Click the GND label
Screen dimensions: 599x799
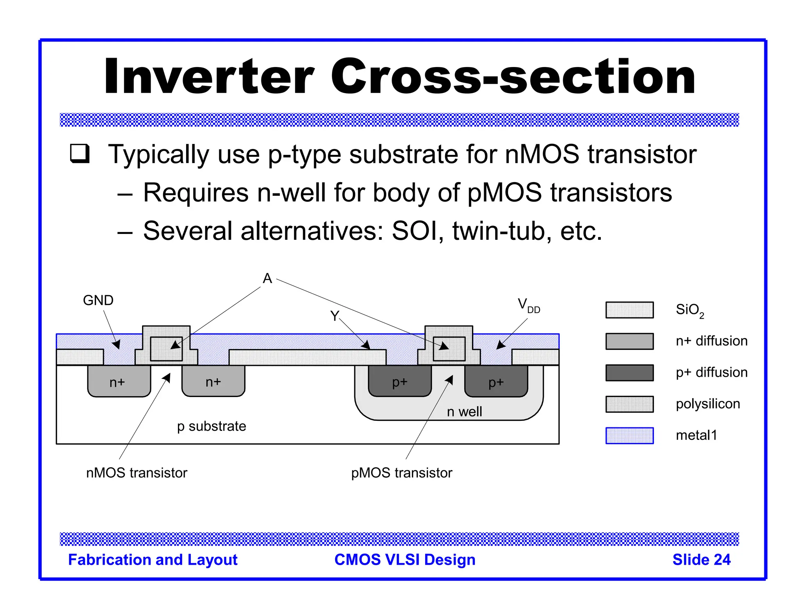98,300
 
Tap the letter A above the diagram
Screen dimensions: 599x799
267,278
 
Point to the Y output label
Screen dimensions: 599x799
334,315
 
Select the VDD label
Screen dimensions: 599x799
528,305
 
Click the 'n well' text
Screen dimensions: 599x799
464,411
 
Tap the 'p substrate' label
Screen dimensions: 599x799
211,426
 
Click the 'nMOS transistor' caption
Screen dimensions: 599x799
137,473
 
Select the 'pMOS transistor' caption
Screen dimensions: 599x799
401,473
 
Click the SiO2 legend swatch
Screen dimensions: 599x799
629,310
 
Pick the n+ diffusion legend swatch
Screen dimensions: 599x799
629,341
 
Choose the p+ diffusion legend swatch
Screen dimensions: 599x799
629,373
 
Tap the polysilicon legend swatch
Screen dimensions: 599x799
629,404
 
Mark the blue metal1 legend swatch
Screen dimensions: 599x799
629,436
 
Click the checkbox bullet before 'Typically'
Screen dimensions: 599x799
80,153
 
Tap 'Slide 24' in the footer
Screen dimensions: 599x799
701,560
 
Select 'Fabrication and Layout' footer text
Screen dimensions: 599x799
153,560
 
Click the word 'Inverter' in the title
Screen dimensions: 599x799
209,76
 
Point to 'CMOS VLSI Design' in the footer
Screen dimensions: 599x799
405,560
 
